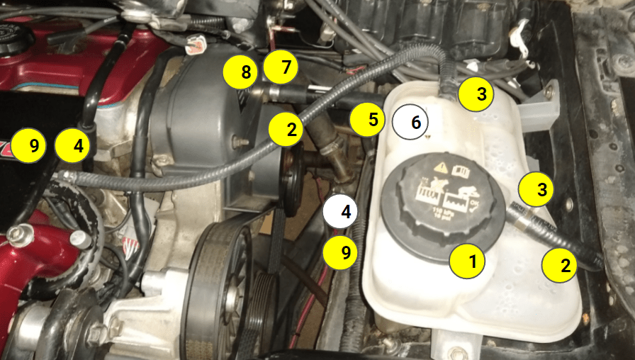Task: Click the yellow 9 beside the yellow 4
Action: [x=33, y=147]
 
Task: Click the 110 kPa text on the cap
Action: [x=442, y=213]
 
